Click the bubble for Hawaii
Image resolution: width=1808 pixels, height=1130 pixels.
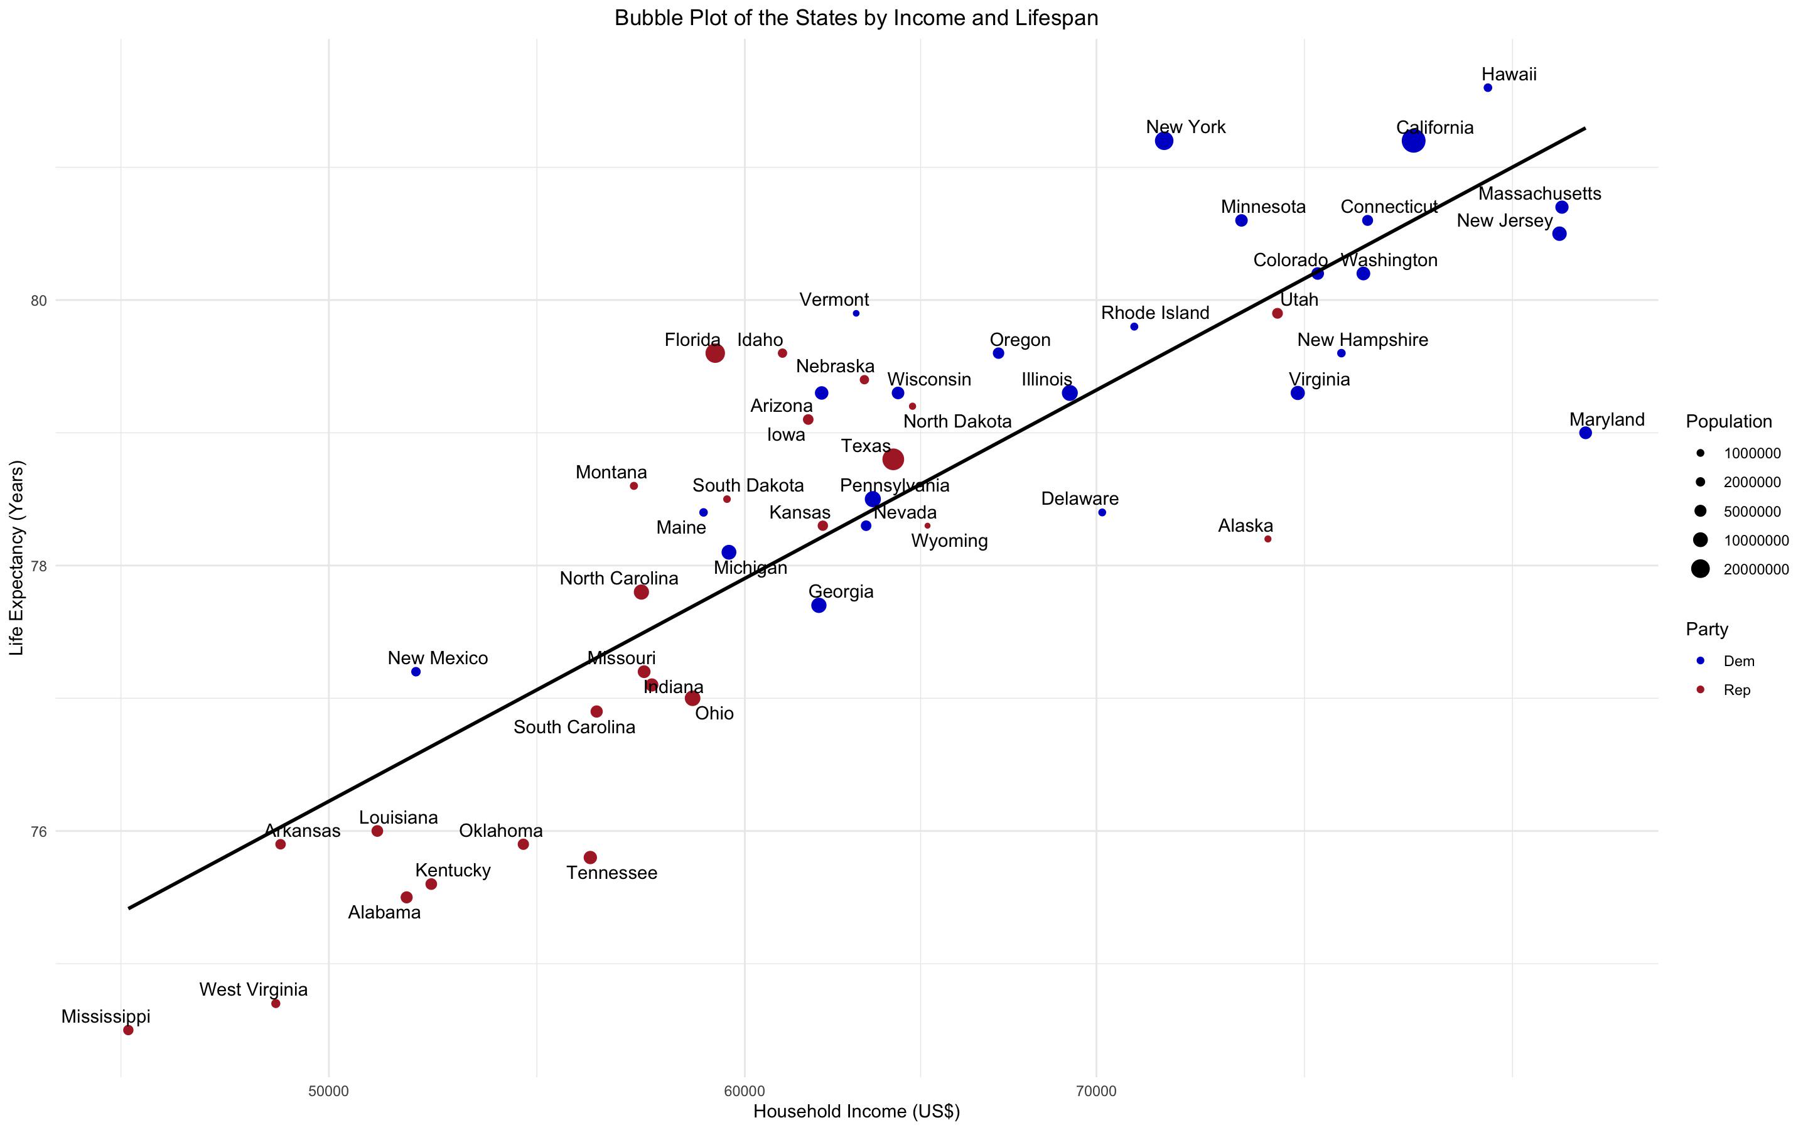[1487, 88]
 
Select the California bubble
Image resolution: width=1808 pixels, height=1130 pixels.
[1412, 141]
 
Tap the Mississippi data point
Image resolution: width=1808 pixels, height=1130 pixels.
[128, 1030]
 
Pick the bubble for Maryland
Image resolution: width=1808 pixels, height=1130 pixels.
[1585, 433]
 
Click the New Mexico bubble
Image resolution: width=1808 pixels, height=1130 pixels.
[416, 672]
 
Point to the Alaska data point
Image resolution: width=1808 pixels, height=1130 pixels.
[1268, 539]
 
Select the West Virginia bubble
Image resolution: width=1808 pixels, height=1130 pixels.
[276, 1003]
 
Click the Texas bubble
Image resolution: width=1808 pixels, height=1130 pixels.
[893, 459]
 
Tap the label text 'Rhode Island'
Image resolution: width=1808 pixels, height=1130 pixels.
[1155, 313]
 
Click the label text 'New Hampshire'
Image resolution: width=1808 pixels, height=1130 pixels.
[1362, 340]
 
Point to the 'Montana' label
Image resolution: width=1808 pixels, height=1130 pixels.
[611, 472]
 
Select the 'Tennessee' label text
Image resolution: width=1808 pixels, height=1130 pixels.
[612, 873]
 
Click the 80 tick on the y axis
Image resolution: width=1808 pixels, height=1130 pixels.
[38, 301]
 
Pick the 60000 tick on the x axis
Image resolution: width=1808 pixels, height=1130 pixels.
[745, 1091]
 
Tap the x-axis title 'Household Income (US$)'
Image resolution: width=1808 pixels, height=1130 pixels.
[856, 1111]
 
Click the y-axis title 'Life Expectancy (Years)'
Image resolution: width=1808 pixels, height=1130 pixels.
[16, 557]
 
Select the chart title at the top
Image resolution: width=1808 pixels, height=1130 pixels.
[856, 18]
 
